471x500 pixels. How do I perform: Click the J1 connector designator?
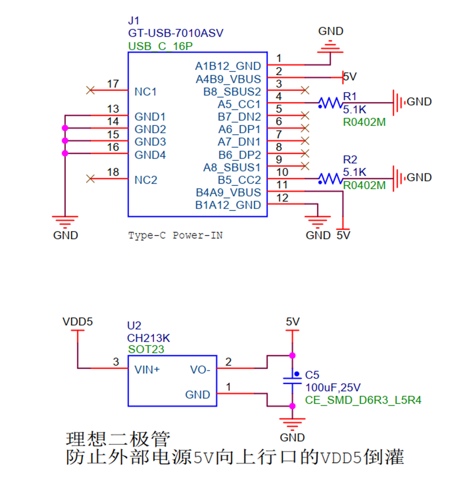pyautogui.click(x=134, y=21)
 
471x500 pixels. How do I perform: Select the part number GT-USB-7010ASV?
pyautogui.click(x=176, y=33)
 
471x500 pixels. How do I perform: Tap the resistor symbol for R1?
pyautogui.click(x=331, y=103)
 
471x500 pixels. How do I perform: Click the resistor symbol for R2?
pyautogui.click(x=331, y=179)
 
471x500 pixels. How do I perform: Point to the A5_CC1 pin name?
pyautogui.click(x=239, y=104)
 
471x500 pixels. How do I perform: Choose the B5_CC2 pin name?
pyautogui.click(x=239, y=180)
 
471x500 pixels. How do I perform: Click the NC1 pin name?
pyautogui.click(x=145, y=92)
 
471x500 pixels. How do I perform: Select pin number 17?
pyautogui.click(x=113, y=84)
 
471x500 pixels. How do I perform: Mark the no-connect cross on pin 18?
pyautogui.click(x=90, y=179)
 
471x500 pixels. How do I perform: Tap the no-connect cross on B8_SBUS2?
pyautogui.click(x=305, y=91)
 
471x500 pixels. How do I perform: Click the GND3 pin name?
pyautogui.click(x=150, y=142)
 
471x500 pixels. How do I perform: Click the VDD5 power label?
pyautogui.click(x=78, y=322)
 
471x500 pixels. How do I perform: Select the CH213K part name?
pyautogui.click(x=149, y=338)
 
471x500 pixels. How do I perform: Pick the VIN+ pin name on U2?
pyautogui.click(x=147, y=370)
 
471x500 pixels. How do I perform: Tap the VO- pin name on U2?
pyautogui.click(x=200, y=370)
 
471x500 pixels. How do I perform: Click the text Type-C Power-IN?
pyautogui.click(x=175, y=236)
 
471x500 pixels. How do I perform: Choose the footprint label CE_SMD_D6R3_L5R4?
pyautogui.click(x=363, y=400)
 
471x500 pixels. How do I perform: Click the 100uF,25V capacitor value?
pyautogui.click(x=333, y=388)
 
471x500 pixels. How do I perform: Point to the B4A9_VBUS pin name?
pyautogui.click(x=228, y=192)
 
